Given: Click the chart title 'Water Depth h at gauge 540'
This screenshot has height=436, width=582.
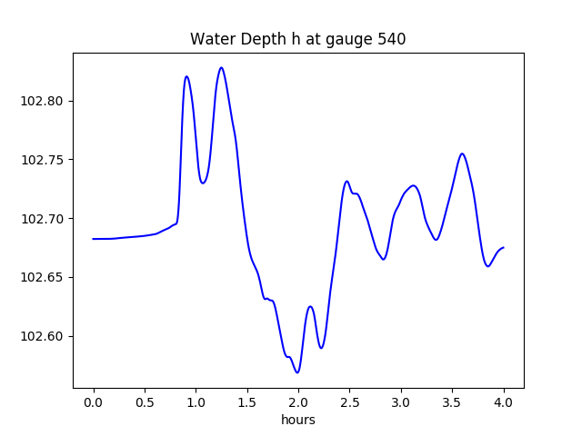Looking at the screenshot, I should tap(297, 39).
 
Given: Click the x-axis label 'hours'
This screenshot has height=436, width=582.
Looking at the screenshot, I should tap(298, 421).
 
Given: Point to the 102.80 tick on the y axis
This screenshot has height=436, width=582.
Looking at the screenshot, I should tap(44, 101).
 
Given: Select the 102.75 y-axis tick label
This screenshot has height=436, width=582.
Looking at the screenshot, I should tap(44, 160).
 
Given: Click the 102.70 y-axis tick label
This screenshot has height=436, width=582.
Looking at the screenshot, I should tap(44, 219).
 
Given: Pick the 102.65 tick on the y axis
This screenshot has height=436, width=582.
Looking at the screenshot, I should tap(44, 277).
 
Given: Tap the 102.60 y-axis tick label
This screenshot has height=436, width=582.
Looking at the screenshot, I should tap(44, 336).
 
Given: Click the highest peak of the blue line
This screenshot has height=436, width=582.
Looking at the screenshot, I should tap(221, 67).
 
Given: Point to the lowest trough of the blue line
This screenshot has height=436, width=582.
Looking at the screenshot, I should tap(297, 372).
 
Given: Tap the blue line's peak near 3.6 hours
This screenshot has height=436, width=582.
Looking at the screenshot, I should tap(462, 154).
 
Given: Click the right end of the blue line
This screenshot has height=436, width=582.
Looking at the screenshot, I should tap(503, 247).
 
